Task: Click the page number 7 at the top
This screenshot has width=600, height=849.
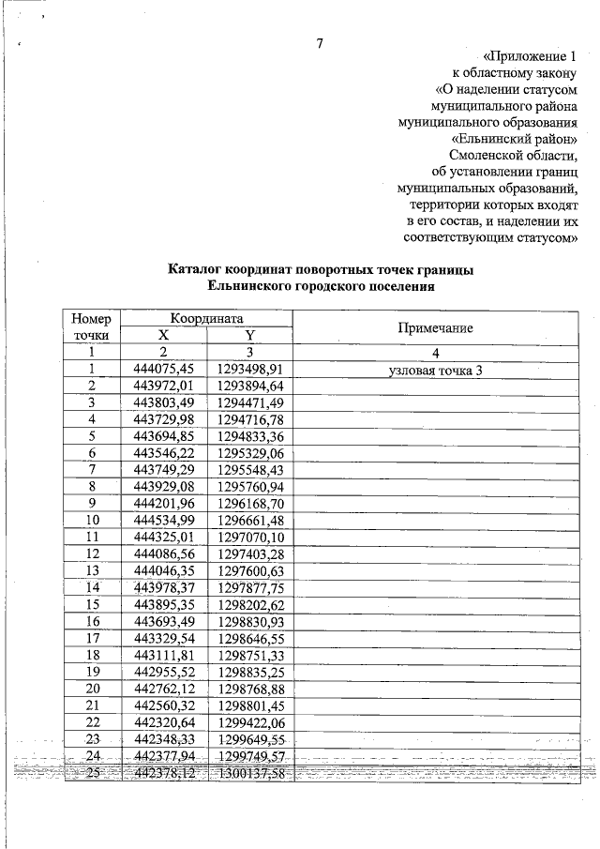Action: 320,44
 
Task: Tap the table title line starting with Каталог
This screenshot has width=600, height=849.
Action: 320,270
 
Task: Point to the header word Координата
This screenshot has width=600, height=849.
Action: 206,319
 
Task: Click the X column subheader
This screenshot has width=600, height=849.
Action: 164,336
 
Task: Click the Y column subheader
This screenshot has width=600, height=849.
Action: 249,336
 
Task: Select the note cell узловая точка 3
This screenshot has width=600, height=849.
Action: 435,370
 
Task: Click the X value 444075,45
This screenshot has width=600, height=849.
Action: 164,370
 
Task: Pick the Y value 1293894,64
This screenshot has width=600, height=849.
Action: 249,386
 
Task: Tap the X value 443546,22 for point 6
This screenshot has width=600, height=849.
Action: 164,453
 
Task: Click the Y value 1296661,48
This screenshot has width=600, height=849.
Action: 249,520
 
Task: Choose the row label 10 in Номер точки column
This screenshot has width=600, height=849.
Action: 93,520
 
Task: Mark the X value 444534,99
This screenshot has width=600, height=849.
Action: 164,520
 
